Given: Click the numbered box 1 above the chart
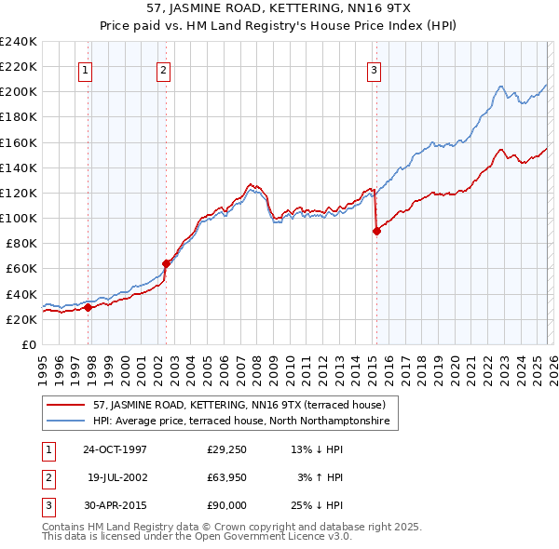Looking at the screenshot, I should (x=85, y=68).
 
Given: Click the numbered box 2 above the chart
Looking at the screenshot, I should (x=163, y=68).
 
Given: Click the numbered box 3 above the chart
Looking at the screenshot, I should (x=374, y=68).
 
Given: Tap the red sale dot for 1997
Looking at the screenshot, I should (x=89, y=307).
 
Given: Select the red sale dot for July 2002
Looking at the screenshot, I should (x=167, y=263).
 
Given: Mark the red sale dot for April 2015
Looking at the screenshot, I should (x=376, y=231).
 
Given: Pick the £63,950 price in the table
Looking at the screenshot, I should (x=226, y=477).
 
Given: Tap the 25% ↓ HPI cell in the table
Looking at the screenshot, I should (x=316, y=505).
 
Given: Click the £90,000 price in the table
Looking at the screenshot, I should (x=226, y=505).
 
